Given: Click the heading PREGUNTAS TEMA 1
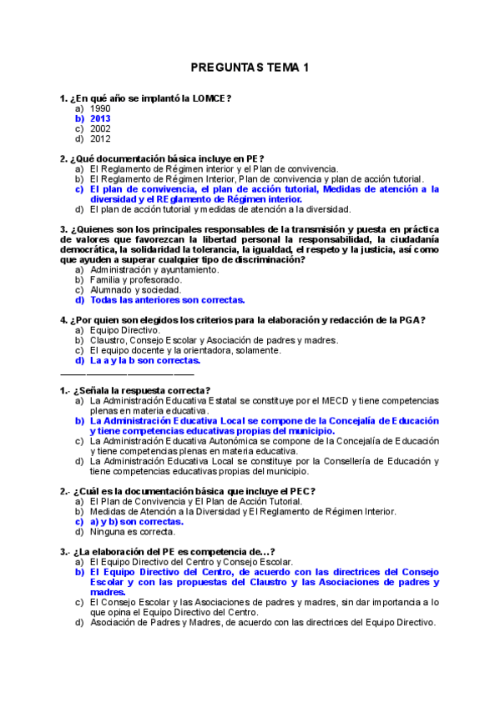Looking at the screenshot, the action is [x=250, y=68].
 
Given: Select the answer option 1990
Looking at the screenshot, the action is [x=100, y=108].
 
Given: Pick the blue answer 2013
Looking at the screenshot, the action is [x=100, y=118].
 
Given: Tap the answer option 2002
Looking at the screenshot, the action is [x=100, y=129].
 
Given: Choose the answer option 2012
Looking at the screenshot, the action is [x=100, y=139].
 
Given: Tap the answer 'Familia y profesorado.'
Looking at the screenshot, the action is [x=135, y=280].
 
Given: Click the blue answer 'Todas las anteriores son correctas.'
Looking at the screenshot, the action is [x=167, y=300].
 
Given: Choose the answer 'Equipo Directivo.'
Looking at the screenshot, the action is [x=124, y=330].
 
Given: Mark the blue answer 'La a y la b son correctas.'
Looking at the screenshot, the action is [x=145, y=361].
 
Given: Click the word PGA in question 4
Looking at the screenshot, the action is [x=411, y=320].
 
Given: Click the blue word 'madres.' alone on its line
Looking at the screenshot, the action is [x=107, y=592].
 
